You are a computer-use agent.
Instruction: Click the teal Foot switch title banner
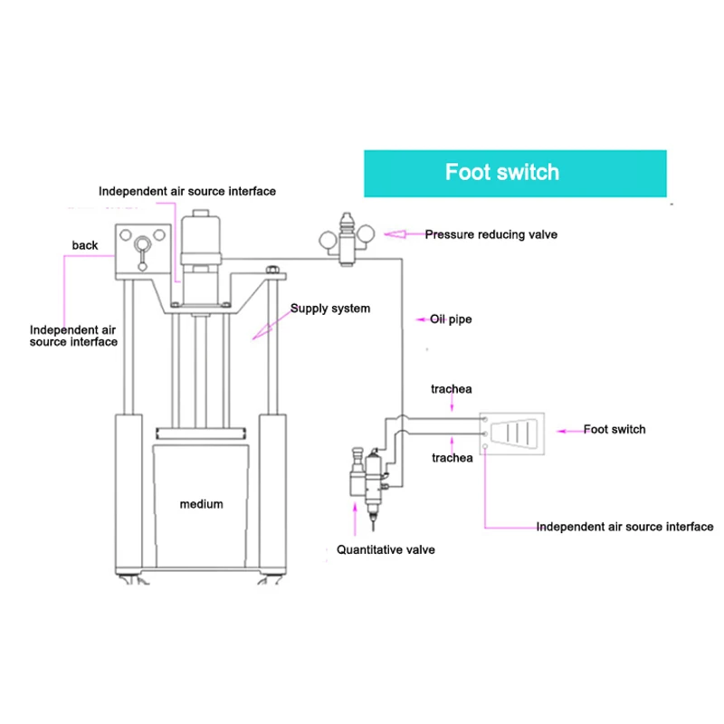pos(514,173)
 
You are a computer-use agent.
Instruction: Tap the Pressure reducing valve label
pos(491,234)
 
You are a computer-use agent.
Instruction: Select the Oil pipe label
pos(451,319)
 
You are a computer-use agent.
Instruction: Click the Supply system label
pos(329,309)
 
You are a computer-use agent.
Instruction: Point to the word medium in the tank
pos(201,504)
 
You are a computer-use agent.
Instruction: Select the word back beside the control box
pos(85,245)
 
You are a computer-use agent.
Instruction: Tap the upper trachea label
pos(452,389)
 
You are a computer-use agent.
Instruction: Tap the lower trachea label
pos(452,458)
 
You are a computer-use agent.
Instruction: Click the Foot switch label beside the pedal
pos(614,429)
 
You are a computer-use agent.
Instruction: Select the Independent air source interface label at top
pos(187,191)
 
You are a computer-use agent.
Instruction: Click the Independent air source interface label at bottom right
pos(624,526)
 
